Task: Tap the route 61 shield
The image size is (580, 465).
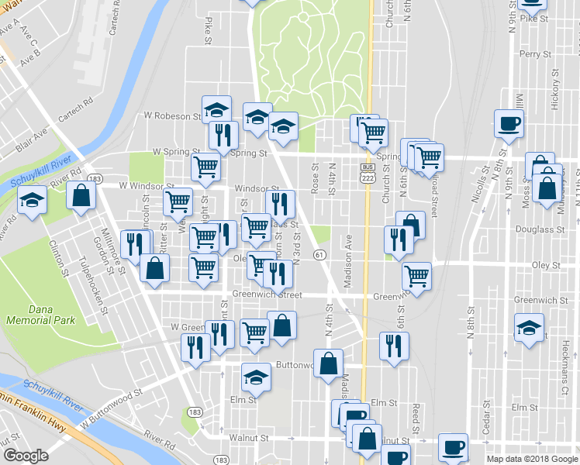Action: (x=319, y=255)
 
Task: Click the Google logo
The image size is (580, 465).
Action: (x=26, y=455)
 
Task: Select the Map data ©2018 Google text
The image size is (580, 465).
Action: (x=532, y=459)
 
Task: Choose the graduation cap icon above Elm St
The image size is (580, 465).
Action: (x=256, y=377)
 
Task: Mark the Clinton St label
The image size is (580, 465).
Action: (x=57, y=256)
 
